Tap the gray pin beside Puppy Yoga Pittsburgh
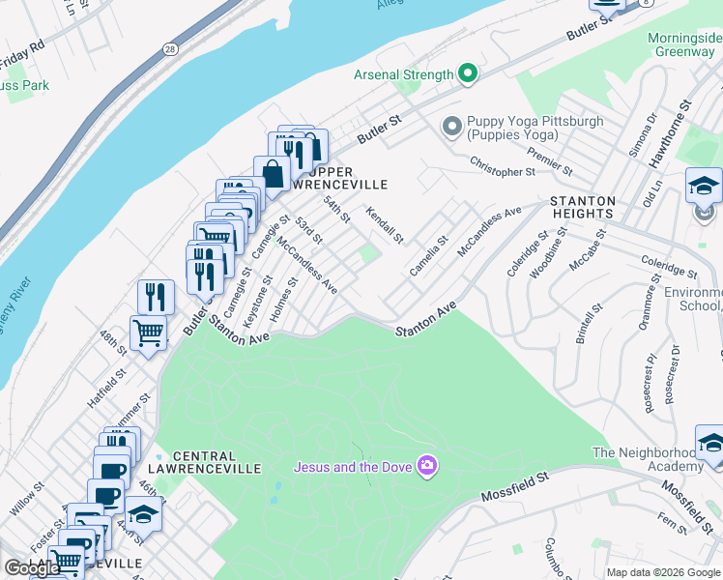click(x=450, y=127)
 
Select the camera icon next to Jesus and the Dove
click(x=427, y=467)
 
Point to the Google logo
click(x=32, y=568)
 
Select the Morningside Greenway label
click(x=684, y=44)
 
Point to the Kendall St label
click(x=383, y=224)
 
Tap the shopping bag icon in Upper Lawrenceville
click(x=273, y=175)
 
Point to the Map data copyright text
click(x=663, y=572)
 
